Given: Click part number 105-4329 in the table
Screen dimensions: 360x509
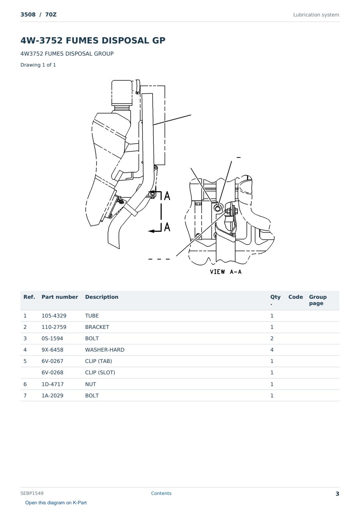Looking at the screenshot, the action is tap(54, 316).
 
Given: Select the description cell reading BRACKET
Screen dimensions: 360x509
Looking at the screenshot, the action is tap(97, 327).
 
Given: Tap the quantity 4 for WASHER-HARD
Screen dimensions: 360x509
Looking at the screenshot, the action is tap(272, 350).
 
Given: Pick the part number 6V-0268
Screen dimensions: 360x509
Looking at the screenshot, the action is tap(52, 372).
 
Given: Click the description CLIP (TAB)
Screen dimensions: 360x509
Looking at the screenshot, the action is tap(99, 361).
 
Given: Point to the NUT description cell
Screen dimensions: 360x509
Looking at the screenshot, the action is tap(90, 384).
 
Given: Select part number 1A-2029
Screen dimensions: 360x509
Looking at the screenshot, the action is tap(52, 395).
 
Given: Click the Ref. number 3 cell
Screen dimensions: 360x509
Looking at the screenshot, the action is tap(25, 338).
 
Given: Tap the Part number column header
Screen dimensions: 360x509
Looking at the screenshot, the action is tap(60, 297).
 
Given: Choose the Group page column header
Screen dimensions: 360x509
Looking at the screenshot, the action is tap(318, 300).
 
